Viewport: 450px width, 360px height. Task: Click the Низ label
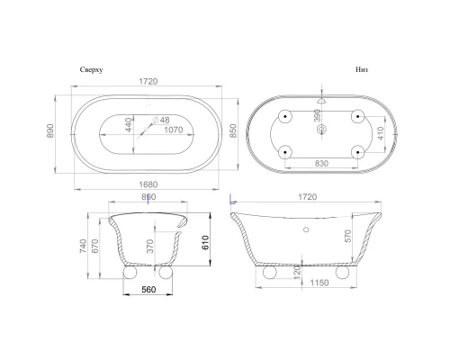coord(360,68)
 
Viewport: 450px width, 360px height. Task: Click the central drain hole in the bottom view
coord(321,128)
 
